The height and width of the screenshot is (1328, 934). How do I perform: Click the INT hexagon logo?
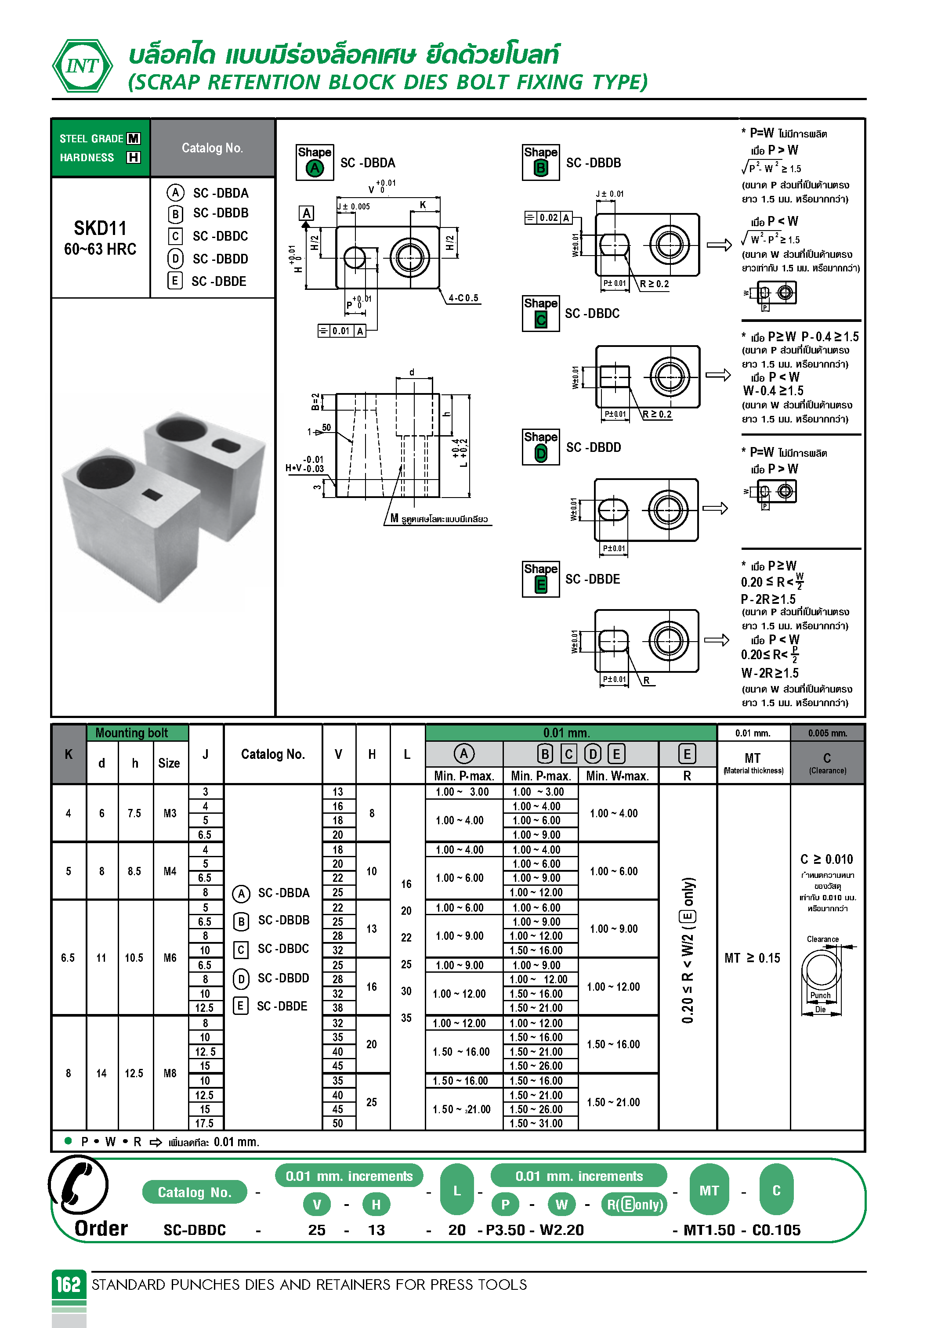click(82, 66)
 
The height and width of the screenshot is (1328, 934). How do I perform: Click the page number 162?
click(68, 1285)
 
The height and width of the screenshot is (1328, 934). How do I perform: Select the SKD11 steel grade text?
click(100, 228)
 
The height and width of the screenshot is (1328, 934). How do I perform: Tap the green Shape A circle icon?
click(314, 168)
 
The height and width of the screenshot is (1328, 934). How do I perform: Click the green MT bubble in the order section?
click(709, 1191)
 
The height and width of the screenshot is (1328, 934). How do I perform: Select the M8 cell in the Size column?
click(170, 1073)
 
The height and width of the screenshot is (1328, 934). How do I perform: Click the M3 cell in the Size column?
click(170, 813)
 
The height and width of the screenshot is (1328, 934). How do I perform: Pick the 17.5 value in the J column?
click(204, 1123)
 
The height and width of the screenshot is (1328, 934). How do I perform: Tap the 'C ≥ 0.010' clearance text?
click(826, 859)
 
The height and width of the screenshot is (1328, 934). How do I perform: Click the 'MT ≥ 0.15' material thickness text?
click(752, 958)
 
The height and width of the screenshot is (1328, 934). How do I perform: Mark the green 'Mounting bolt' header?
click(131, 733)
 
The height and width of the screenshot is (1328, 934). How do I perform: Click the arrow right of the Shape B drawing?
click(719, 245)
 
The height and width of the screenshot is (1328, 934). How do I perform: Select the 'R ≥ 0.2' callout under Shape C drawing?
click(657, 414)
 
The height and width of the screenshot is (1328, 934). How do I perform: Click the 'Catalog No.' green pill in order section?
click(195, 1192)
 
